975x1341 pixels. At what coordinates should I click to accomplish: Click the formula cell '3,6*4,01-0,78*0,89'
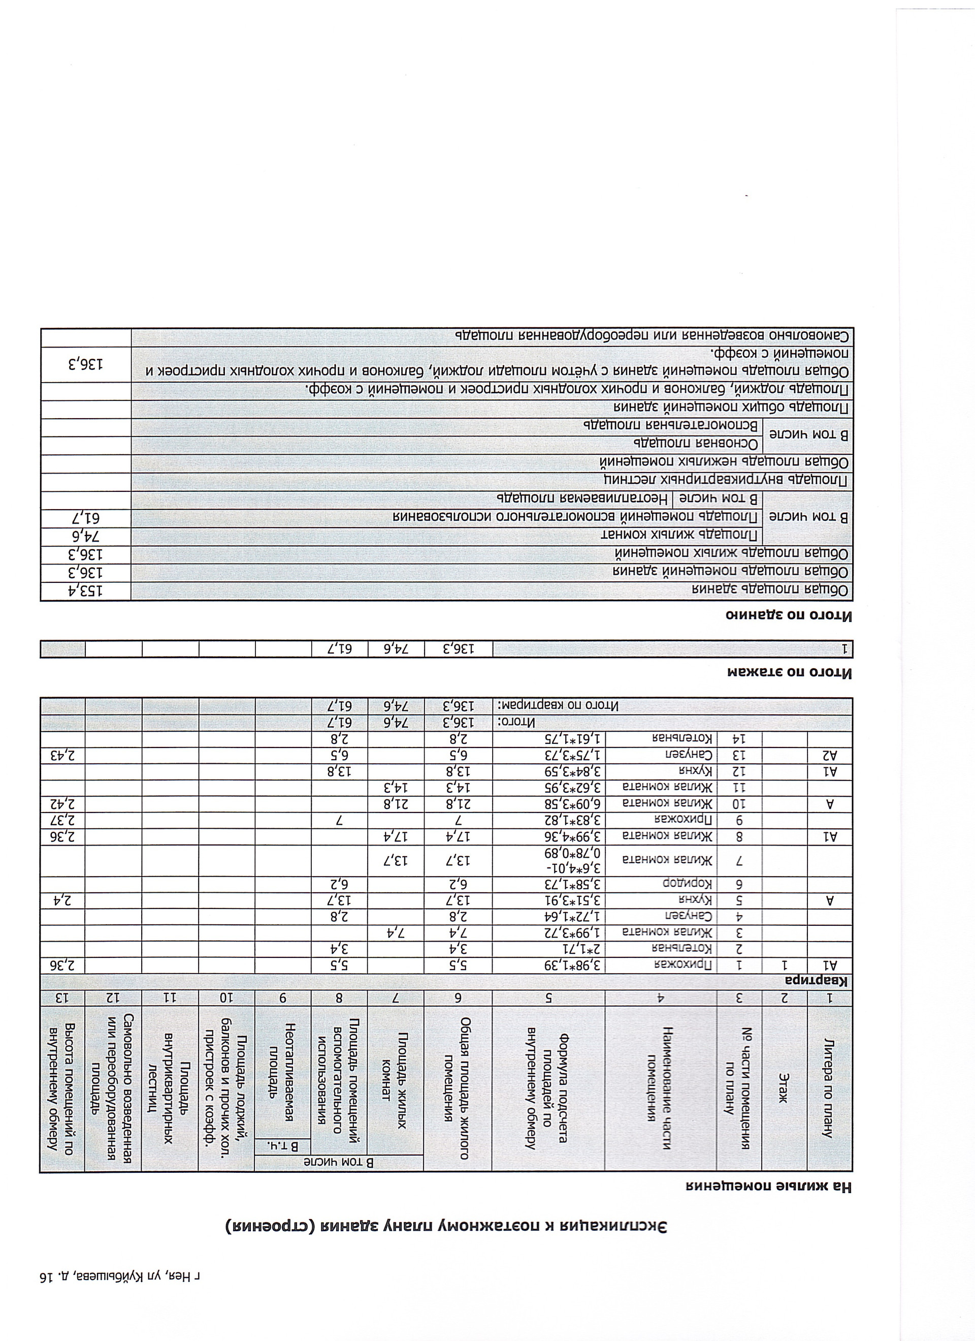[550, 861]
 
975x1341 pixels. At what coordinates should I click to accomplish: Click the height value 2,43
[62, 756]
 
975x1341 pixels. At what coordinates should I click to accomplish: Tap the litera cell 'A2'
[831, 756]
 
